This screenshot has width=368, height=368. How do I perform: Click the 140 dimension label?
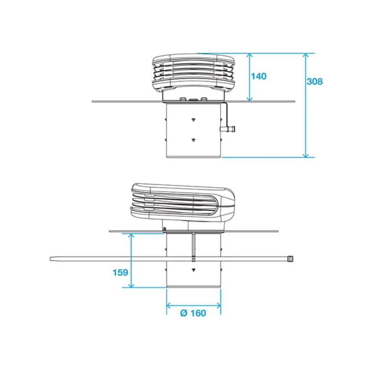pos(259,76)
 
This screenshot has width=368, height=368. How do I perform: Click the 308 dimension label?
pos(315,81)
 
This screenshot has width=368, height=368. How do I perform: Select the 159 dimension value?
pos(120,272)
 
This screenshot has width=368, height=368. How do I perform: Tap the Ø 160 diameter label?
pos(193,313)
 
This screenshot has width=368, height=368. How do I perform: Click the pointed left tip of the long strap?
pos(52,259)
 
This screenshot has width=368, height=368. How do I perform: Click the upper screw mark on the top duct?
pos(193,120)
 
